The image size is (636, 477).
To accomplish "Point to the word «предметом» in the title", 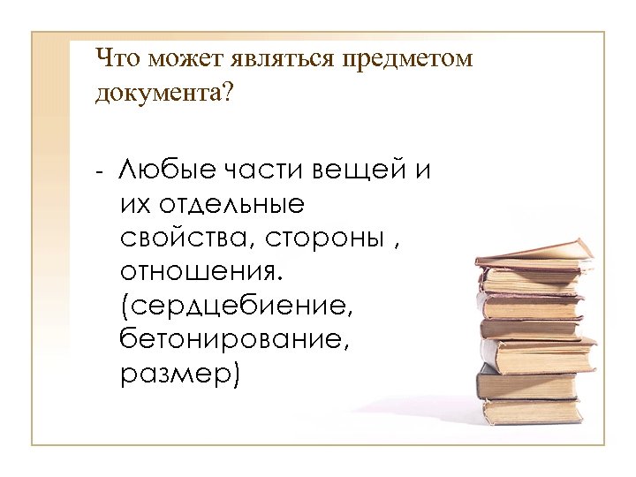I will (x=404, y=61).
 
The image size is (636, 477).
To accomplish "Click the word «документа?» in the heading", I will (x=164, y=95).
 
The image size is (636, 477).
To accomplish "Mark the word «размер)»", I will (x=178, y=375).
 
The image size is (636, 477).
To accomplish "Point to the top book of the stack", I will (x=534, y=254).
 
